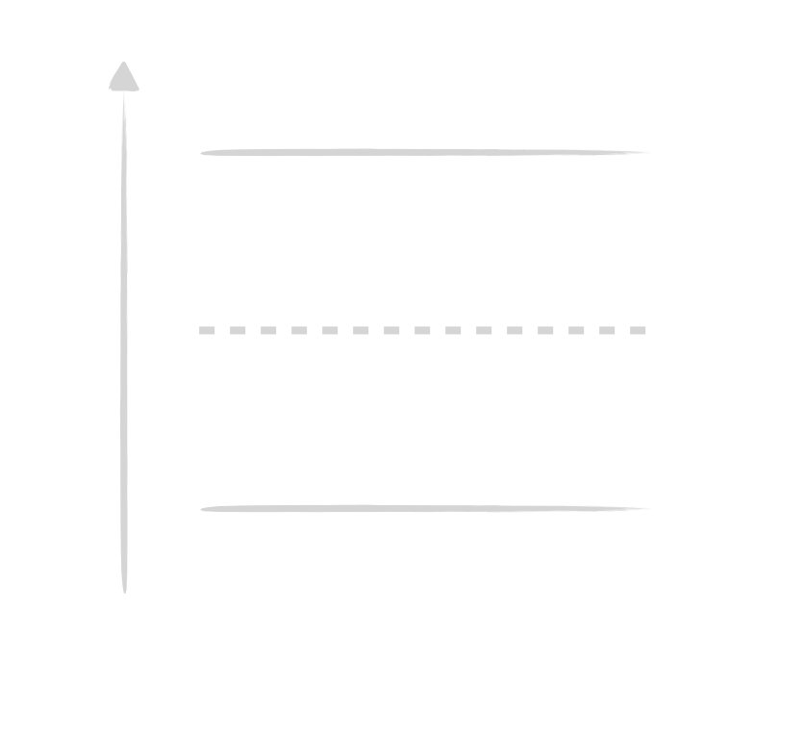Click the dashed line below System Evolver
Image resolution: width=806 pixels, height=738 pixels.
[x=423, y=331]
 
